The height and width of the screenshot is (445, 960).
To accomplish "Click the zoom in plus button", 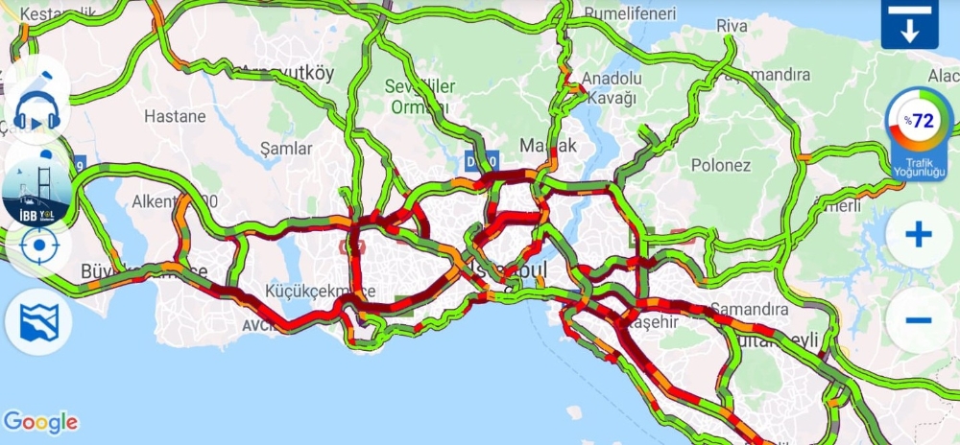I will pyautogui.click(x=919, y=235).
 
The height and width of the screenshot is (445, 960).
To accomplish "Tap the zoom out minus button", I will pyautogui.click(x=919, y=320).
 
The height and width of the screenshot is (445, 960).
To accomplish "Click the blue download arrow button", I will pyautogui.click(x=909, y=24).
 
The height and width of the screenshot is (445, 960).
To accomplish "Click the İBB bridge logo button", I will pyautogui.click(x=37, y=188).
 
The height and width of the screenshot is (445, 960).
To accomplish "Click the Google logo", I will pyautogui.click(x=40, y=422).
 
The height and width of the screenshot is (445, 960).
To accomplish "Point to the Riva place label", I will pyautogui.click(x=732, y=26).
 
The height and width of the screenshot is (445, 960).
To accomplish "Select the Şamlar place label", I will pyautogui.click(x=286, y=149).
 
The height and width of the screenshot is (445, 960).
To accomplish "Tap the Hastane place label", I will pyautogui.click(x=175, y=116).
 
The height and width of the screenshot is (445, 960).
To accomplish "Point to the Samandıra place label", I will pyautogui.click(x=750, y=310).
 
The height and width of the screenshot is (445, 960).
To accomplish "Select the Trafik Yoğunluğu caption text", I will pyautogui.click(x=919, y=169).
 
